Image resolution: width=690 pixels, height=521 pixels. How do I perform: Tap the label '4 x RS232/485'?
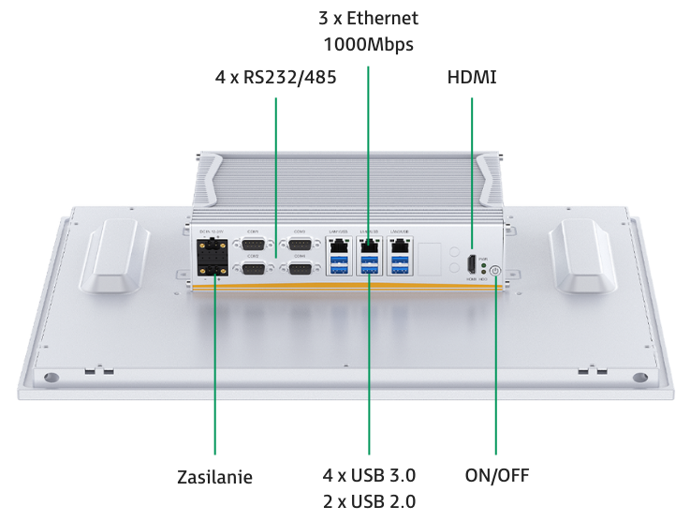point(275,79)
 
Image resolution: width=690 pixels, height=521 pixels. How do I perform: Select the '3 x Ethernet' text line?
point(368,19)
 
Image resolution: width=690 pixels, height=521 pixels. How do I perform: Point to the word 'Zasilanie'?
point(215,475)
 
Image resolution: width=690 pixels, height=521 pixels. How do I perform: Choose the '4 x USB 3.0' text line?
point(369,475)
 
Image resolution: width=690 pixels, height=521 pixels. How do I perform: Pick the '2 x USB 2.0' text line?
point(369,500)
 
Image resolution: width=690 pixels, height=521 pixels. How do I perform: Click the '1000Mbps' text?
point(368,43)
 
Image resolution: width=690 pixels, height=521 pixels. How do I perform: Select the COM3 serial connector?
point(300,246)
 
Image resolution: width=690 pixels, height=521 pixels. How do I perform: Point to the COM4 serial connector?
point(300,270)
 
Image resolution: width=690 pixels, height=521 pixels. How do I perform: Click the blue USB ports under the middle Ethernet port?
point(369,268)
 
